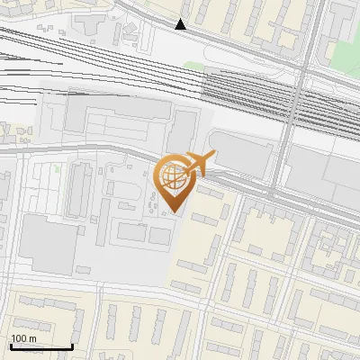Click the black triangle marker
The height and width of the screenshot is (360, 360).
pyautogui.click(x=181, y=24)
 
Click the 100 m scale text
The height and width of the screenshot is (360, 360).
pyautogui.click(x=24, y=338)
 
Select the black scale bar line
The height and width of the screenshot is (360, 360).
pyautogui.click(x=41, y=346)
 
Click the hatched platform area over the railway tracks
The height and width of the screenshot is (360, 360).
pyautogui.click(x=247, y=94)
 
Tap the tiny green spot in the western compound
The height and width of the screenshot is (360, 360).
pyautogui.click(x=56, y=168)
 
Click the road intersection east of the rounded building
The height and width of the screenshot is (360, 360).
pyautogui.click(x=271, y=193)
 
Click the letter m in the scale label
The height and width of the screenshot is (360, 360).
pyautogui.click(x=32, y=338)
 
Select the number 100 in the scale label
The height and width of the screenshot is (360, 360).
pyautogui.click(x=20, y=338)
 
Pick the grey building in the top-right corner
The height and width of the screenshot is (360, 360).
pyautogui.click(x=345, y=13)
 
